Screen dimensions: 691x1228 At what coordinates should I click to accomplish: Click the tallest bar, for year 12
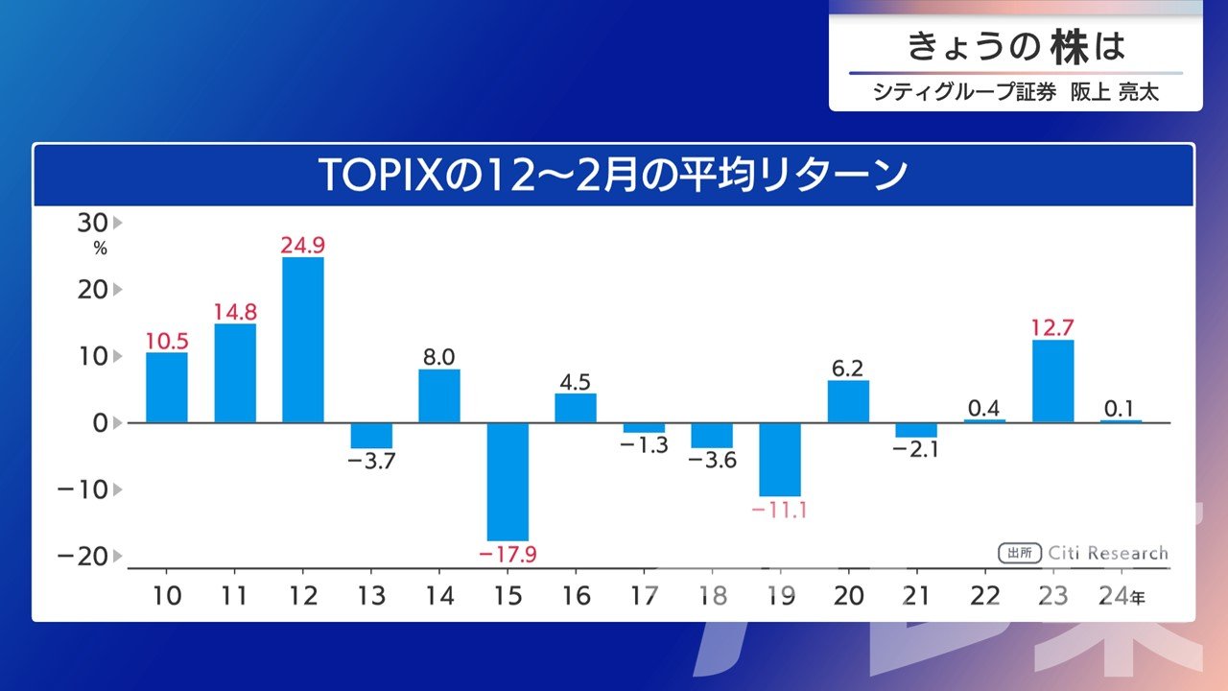[303, 340]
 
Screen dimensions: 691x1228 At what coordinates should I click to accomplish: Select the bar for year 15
[508, 482]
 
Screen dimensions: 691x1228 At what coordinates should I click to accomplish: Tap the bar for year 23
[1052, 381]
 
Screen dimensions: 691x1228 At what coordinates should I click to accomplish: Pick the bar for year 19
[780, 459]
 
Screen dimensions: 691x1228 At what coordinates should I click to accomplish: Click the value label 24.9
[303, 246]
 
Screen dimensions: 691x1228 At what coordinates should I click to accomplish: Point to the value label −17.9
[508, 555]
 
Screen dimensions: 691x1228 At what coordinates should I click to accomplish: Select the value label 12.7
[1052, 328]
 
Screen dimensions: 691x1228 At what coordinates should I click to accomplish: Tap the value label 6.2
[848, 369]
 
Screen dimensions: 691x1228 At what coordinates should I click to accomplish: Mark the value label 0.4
[984, 409]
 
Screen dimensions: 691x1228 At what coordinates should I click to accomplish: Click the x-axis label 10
[167, 597]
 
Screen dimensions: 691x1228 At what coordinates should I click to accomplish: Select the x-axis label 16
[576, 597]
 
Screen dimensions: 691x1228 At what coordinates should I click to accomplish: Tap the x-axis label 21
[916, 597]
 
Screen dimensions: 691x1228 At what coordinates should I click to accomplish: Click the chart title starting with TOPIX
[613, 176]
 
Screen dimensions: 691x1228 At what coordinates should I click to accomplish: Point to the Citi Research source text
[1108, 553]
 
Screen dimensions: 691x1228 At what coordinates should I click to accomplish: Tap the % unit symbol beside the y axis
[100, 249]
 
